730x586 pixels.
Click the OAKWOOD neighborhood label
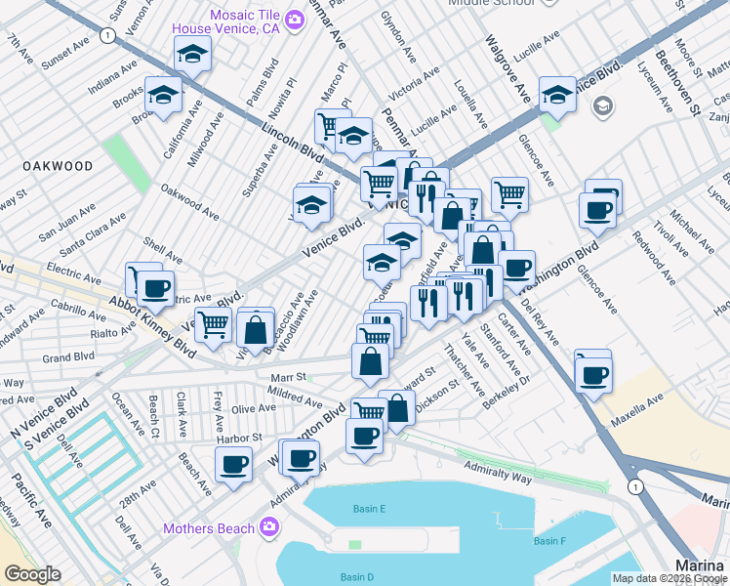coord(59,166)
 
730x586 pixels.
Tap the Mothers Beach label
coord(208,528)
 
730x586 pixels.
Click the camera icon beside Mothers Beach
coord(268,528)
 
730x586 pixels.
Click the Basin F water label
coord(548,541)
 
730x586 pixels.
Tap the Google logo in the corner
coord(32,574)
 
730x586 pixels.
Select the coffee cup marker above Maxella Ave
coord(592,374)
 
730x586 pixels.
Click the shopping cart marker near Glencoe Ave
coord(509,195)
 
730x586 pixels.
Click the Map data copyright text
coord(669,577)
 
